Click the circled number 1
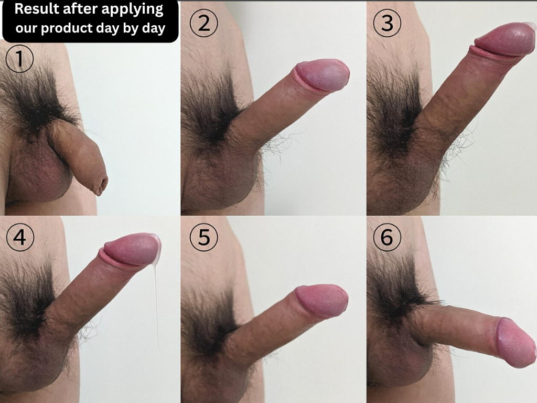pos(19,59)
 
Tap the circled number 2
pos(204,23)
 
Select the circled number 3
pos(388,23)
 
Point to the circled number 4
pos(20,237)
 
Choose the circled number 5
pos(204,237)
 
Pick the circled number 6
pos(388,237)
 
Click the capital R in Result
pos(19,9)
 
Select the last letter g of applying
pos(159,12)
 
